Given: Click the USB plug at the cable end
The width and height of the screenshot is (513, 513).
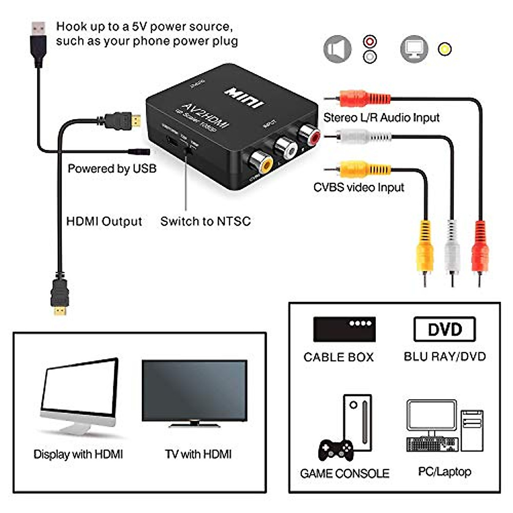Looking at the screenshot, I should [x=38, y=41].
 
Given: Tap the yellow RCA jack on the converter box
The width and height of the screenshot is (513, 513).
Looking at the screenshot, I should [x=260, y=163].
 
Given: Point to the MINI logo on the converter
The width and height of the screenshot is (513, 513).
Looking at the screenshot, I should [x=245, y=98].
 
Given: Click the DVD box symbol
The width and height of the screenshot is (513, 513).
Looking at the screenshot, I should [x=445, y=329].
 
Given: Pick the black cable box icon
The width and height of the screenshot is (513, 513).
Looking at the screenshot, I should [x=344, y=329].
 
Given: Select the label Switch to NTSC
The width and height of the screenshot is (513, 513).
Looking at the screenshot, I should [x=206, y=221].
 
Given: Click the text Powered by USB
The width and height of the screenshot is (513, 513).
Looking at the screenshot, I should [x=112, y=168].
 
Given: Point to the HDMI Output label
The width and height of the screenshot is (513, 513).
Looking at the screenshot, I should [x=104, y=221].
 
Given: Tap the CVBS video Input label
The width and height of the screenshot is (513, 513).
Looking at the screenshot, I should [x=359, y=187].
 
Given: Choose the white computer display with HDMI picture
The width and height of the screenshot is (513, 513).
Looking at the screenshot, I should [x=79, y=395].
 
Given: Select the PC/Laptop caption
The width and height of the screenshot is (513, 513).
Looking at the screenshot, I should [x=445, y=472].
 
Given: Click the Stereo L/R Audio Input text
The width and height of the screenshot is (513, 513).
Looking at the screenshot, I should [x=381, y=117].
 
